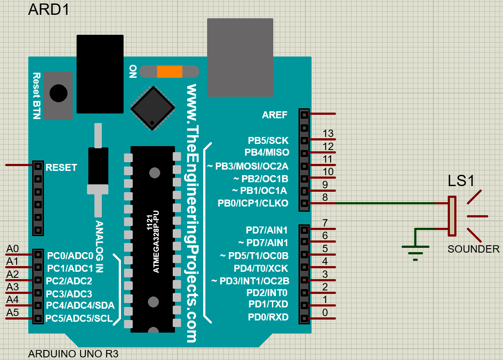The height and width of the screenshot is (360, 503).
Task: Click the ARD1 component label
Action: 49,10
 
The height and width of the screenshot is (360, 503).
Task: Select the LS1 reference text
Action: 461,181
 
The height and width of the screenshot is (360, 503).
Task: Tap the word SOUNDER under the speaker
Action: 473,249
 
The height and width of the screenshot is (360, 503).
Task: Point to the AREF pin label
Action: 275,115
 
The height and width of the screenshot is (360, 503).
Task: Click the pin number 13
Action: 328,133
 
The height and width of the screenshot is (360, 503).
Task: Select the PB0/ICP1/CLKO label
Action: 253,203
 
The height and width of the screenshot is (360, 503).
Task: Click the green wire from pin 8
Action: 383,203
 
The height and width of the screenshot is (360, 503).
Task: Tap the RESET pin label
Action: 61,167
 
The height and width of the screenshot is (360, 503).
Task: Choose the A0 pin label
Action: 12,249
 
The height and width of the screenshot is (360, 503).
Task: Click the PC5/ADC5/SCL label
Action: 79,318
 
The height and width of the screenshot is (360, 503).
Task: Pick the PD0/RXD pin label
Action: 268,317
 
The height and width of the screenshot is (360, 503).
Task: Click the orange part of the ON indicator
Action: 169,71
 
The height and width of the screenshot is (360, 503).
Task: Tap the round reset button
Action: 58,93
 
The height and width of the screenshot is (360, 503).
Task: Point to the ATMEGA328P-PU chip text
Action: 156,241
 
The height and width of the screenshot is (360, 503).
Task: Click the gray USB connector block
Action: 240,57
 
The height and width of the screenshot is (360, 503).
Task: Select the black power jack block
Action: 100,74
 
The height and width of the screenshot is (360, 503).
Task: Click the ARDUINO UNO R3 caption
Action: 73,353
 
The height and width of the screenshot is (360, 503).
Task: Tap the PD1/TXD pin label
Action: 268,303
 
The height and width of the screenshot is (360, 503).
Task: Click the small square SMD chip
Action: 153,108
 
